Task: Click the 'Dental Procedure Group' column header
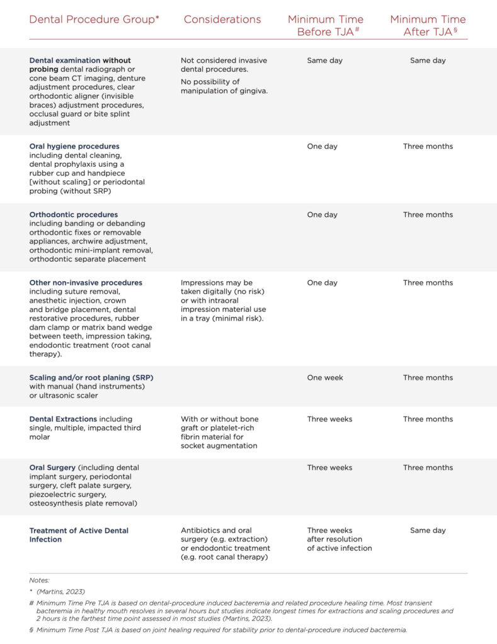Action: click(x=94, y=19)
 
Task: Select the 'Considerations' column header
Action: click(x=222, y=19)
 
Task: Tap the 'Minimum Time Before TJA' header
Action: click(x=326, y=26)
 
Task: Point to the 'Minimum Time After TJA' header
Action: click(x=428, y=26)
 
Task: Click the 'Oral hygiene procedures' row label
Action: click(x=74, y=147)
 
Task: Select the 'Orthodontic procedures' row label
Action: click(x=74, y=214)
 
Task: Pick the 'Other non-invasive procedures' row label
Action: click(x=86, y=282)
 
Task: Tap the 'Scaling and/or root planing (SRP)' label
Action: click(x=91, y=377)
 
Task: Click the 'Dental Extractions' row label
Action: click(x=63, y=419)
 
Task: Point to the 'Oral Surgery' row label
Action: click(x=52, y=467)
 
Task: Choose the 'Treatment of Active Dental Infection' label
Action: click(x=79, y=535)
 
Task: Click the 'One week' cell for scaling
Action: click(x=325, y=377)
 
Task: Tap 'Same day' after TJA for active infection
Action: click(x=428, y=530)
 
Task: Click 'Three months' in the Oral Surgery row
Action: click(x=428, y=467)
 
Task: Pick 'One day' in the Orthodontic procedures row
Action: click(x=322, y=214)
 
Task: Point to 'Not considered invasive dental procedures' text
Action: click(x=224, y=65)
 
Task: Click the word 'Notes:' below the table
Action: click(x=39, y=580)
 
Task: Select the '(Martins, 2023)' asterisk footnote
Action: click(x=60, y=592)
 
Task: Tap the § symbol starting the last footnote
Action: click(x=31, y=629)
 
